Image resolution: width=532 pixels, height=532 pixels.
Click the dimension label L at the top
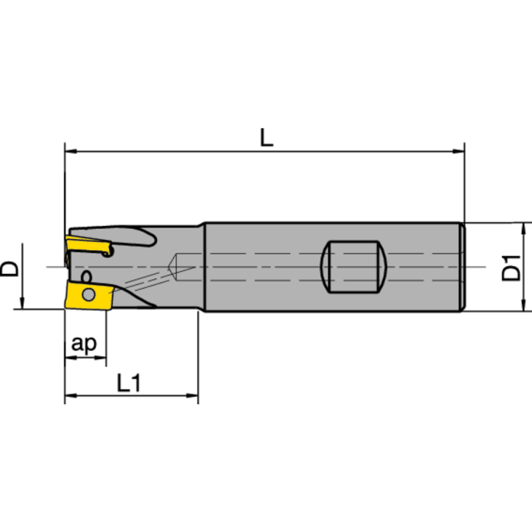pyautogui.click(x=265, y=138)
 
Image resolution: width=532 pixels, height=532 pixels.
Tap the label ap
pyautogui.click(x=84, y=343)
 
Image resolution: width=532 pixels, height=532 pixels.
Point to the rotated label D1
pyautogui.click(x=511, y=266)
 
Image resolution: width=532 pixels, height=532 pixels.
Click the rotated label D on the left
pyautogui.click(x=9, y=268)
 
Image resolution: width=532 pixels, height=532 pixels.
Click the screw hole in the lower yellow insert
pyautogui.click(x=87, y=295)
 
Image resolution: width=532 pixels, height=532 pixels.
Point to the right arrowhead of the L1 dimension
pyautogui.click(x=194, y=398)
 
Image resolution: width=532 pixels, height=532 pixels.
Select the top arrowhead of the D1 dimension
pyautogui.click(x=525, y=228)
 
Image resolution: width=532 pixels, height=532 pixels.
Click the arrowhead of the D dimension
pyautogui.click(x=22, y=304)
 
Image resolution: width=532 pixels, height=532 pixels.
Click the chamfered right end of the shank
pyautogui.click(x=462, y=266)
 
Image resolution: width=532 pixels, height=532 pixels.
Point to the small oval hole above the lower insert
pyautogui.click(x=85, y=275)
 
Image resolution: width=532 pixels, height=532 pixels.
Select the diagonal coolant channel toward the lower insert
pyautogui.click(x=143, y=283)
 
